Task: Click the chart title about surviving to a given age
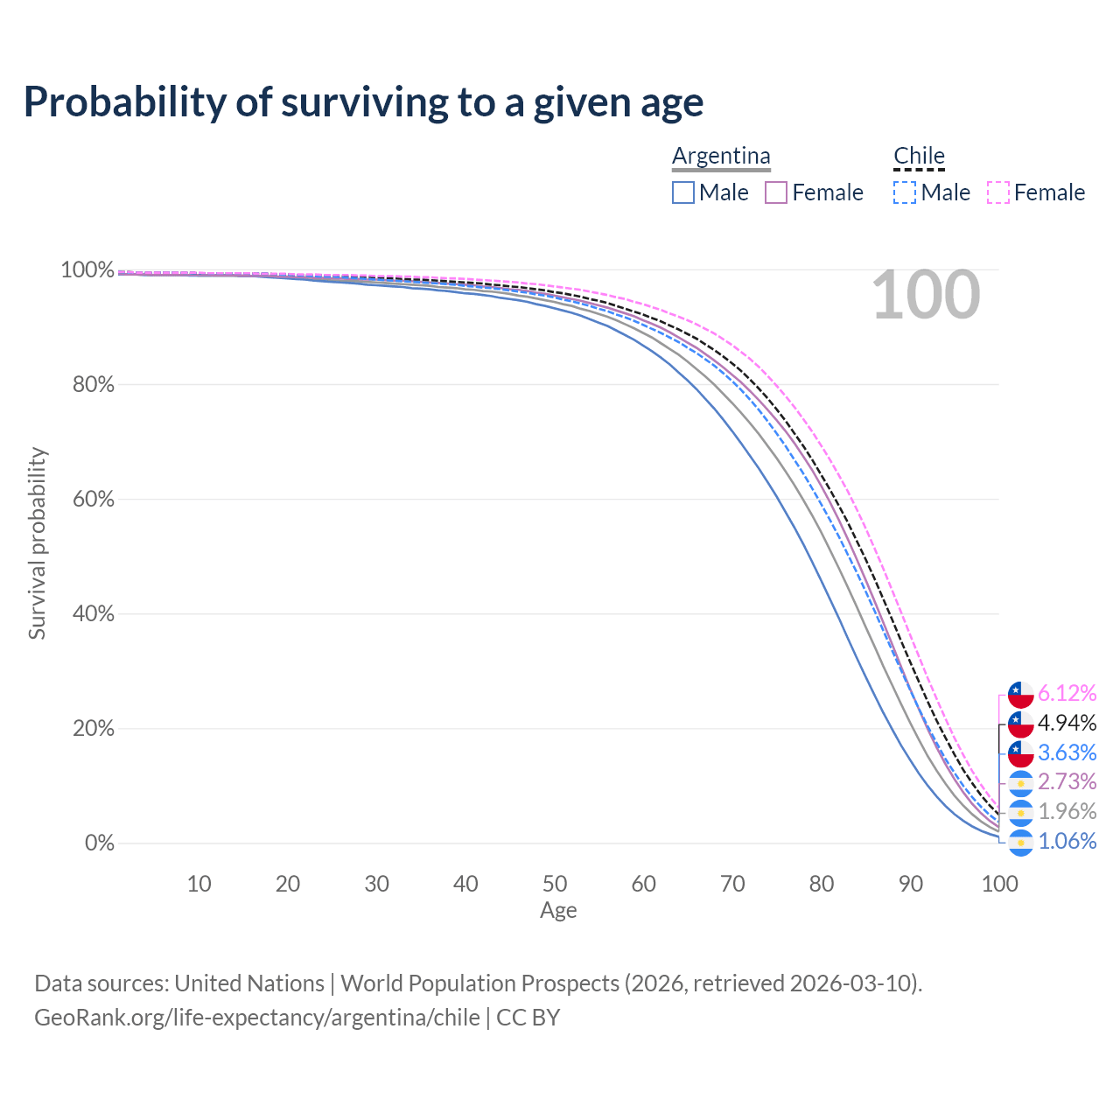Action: tap(363, 102)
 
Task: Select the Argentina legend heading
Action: tap(721, 156)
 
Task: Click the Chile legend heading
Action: tap(919, 156)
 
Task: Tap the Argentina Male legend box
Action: tap(683, 192)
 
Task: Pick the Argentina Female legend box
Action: tap(776, 192)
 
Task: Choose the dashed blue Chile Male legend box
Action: tap(905, 192)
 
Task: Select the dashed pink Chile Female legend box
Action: tap(998, 192)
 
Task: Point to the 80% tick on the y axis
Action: tap(93, 384)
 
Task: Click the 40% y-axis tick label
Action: tap(93, 614)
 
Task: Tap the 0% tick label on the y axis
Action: tap(100, 843)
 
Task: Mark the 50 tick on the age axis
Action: tap(555, 884)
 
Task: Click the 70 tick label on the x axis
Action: tap(732, 884)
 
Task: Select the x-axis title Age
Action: tap(558, 911)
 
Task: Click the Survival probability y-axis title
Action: tap(37, 543)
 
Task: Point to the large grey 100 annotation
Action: tap(926, 296)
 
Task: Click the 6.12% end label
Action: tap(1067, 694)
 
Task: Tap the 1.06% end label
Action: tap(1067, 842)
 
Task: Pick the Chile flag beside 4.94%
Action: tap(1020, 724)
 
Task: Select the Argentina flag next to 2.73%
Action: tap(1020, 782)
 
